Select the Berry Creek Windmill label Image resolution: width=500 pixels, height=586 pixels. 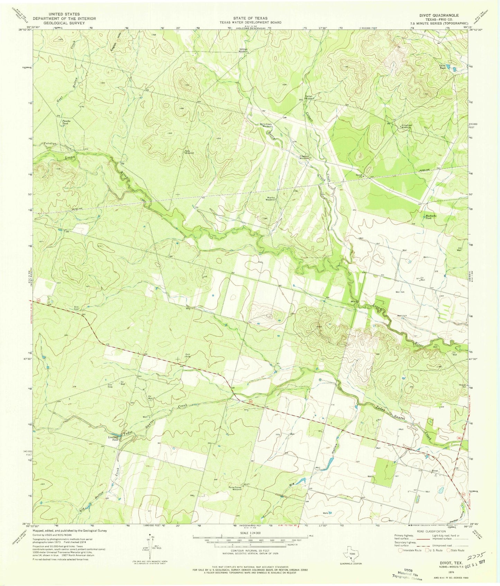click(267, 125)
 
